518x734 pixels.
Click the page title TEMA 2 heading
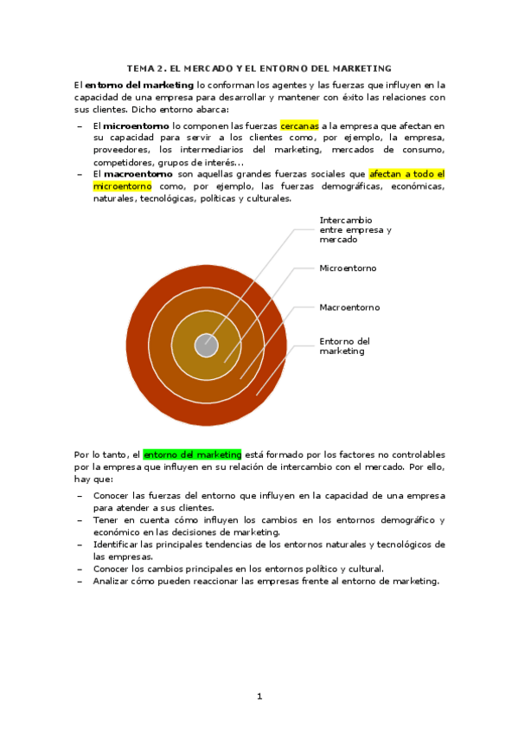click(x=259, y=68)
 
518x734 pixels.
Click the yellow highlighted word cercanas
click(x=299, y=126)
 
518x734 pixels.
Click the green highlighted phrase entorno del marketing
click(x=192, y=454)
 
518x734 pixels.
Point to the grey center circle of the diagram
click(x=206, y=344)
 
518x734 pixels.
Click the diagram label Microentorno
click(x=348, y=268)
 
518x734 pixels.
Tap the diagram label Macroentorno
click(x=349, y=307)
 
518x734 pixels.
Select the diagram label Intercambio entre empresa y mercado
click(x=355, y=229)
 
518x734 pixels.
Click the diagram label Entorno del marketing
click(x=344, y=346)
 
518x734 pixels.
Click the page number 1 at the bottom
click(x=259, y=696)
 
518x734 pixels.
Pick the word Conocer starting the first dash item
click(x=111, y=496)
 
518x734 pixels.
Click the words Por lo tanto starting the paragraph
click(x=101, y=454)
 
